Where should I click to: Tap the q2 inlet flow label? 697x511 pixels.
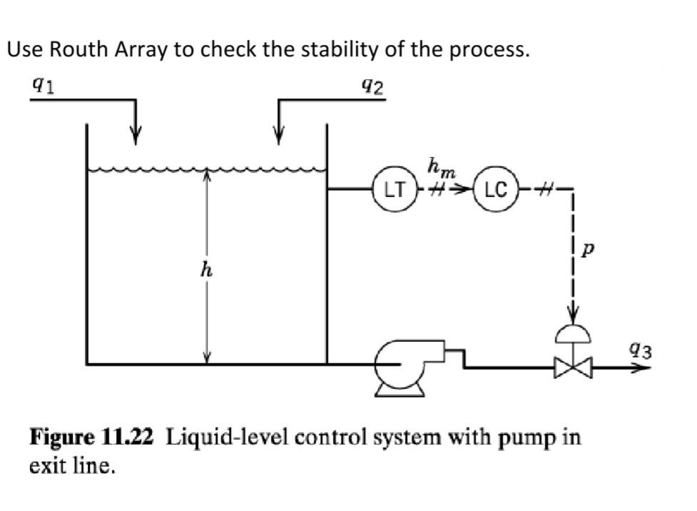pyautogui.click(x=372, y=85)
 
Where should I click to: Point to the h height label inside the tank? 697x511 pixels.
pyautogui.click(x=206, y=270)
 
